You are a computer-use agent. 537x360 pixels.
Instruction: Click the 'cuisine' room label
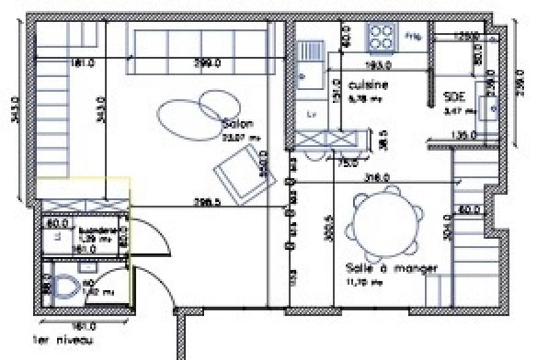tap(369, 85)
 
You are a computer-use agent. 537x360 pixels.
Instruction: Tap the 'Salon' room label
tap(238, 124)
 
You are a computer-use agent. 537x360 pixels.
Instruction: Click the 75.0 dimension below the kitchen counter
tap(348, 162)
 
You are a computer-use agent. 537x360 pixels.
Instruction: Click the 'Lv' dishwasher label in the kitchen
tap(311, 115)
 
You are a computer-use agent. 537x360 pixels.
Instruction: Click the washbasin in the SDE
tap(489, 104)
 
